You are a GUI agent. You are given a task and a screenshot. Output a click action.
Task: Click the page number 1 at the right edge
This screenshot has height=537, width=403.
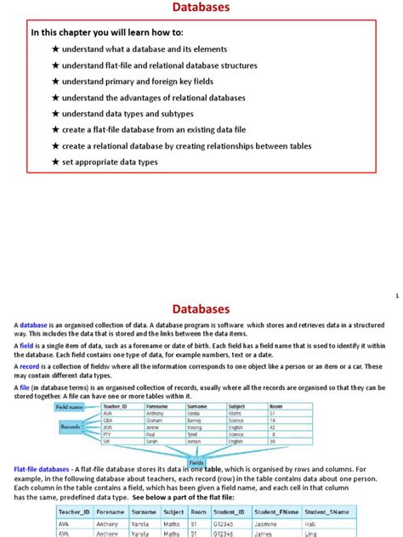tap(396, 296)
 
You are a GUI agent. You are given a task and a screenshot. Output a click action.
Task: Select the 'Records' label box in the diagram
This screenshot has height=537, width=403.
tap(71, 427)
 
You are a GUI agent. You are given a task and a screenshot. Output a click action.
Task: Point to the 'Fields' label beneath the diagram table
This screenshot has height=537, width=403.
tap(196, 459)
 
